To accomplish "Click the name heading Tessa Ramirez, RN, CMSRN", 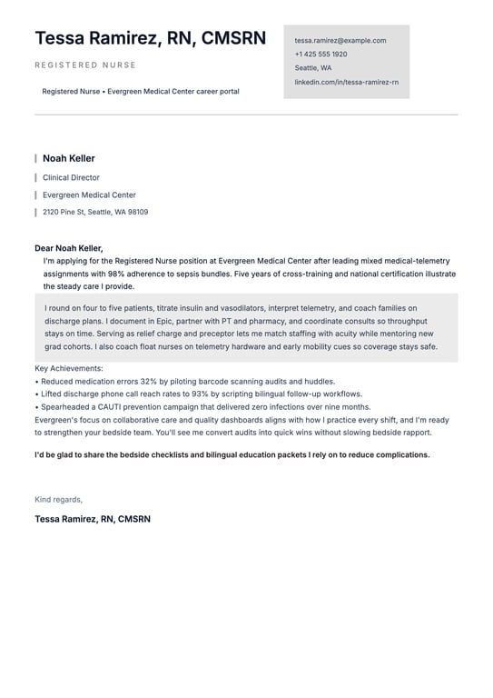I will pyautogui.click(x=150, y=38).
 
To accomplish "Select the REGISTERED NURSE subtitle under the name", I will pyautogui.click(x=85, y=65).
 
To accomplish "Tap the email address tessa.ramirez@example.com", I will pyautogui.click(x=340, y=41).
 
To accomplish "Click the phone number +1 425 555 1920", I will pyautogui.click(x=320, y=55).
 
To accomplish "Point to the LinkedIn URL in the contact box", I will pyautogui.click(x=346, y=82).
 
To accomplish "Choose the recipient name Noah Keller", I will pyautogui.click(x=69, y=158).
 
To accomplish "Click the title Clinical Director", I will pyautogui.click(x=71, y=178).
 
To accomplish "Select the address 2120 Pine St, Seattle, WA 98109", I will pyautogui.click(x=95, y=212).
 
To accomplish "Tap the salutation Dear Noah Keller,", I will pyautogui.click(x=69, y=248).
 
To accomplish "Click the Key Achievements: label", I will pyautogui.click(x=69, y=369).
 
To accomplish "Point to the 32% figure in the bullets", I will pyautogui.click(x=150, y=382).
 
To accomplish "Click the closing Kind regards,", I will pyautogui.click(x=58, y=499).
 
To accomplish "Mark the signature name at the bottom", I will pyautogui.click(x=93, y=519).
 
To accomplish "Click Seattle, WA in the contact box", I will pyautogui.click(x=313, y=68).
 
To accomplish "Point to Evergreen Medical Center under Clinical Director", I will pyautogui.click(x=89, y=194).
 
